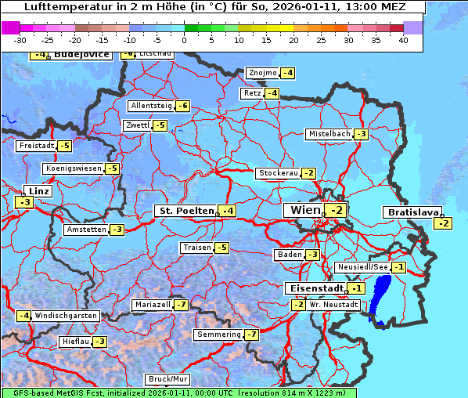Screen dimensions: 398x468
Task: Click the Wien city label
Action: click(x=305, y=210)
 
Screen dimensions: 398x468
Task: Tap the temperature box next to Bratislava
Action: click(x=444, y=224)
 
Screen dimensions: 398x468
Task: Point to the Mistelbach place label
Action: click(x=329, y=134)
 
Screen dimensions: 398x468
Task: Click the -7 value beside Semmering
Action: click(x=251, y=335)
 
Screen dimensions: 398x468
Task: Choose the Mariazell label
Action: click(x=152, y=304)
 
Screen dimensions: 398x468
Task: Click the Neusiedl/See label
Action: click(x=362, y=267)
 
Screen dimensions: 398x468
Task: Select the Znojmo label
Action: click(x=262, y=73)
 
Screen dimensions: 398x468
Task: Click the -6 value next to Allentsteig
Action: click(x=183, y=106)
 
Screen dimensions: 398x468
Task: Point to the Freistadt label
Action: click(x=36, y=146)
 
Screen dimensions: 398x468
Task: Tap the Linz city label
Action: click(x=38, y=191)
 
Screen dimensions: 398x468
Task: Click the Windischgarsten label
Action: click(x=66, y=316)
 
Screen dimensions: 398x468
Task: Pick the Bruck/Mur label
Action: click(x=168, y=379)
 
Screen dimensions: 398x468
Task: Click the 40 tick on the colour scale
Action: click(x=403, y=40)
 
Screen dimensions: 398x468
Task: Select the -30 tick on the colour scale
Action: click(x=20, y=40)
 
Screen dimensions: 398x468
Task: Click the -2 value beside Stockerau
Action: click(x=309, y=173)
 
